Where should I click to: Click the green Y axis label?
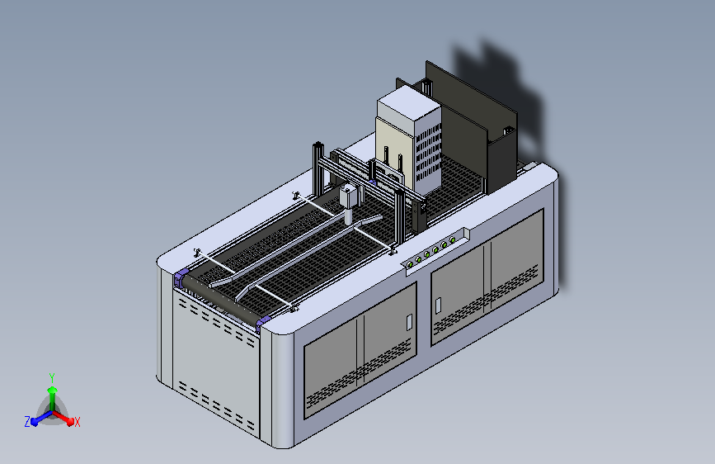[52, 377]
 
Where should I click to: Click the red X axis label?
[77, 422]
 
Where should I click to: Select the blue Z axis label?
[27, 422]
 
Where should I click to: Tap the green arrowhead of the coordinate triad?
[53, 391]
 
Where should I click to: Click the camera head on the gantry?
[348, 196]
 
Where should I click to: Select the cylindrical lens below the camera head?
[348, 216]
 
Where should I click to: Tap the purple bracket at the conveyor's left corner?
[181, 277]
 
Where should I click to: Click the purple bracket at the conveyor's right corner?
[263, 323]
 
